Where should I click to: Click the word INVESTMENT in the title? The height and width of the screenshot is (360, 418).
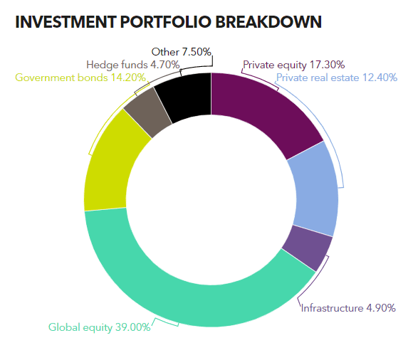click(x=66, y=22)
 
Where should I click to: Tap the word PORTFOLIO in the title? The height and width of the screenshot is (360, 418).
click(x=165, y=22)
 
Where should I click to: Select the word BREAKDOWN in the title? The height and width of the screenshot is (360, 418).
click(x=268, y=22)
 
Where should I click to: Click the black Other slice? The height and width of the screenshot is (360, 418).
click(x=187, y=96)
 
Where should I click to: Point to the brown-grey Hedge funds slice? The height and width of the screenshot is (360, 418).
click(x=147, y=112)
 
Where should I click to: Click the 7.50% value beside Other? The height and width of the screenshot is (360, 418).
click(x=197, y=52)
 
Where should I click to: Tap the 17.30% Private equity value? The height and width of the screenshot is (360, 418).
click(x=327, y=65)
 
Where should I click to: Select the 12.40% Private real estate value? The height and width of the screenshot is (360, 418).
click(x=380, y=78)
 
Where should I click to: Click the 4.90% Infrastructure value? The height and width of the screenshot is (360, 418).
click(x=381, y=308)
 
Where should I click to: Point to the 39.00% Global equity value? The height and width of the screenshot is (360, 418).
click(x=132, y=327)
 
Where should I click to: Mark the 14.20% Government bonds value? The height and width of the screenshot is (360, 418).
click(x=128, y=78)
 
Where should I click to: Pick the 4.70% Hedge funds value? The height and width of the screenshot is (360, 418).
click(x=165, y=65)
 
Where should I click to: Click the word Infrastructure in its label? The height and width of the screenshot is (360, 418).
click(x=332, y=308)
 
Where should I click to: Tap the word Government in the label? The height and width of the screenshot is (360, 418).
click(x=45, y=78)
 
